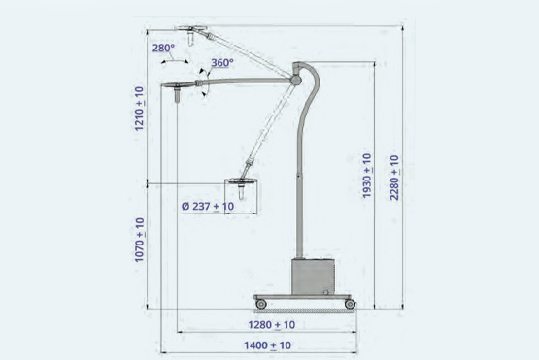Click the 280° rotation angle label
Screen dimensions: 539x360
click(x=163, y=49)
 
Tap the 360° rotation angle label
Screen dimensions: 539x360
click(x=222, y=63)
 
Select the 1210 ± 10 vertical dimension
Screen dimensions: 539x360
click(x=139, y=109)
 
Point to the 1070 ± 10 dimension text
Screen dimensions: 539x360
click(x=139, y=240)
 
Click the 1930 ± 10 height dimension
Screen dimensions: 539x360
click(x=367, y=176)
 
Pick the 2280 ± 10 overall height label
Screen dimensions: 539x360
click(x=394, y=178)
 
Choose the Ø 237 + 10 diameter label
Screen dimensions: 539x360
click(x=208, y=206)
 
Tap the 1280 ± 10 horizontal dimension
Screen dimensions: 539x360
click(x=272, y=325)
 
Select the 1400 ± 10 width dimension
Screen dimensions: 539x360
click(x=267, y=345)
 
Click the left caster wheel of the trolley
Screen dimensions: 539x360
click(x=261, y=304)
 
